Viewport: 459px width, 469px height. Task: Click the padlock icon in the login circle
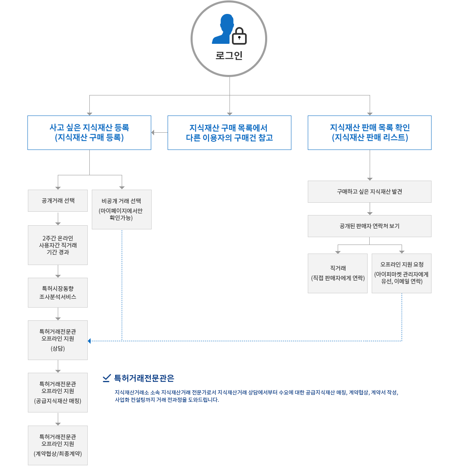239,36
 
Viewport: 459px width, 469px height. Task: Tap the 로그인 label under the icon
229,56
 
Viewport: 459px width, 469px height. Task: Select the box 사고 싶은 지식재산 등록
89,133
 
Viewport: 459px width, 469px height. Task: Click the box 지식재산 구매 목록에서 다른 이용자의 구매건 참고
229,133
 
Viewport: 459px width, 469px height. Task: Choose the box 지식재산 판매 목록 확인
370,133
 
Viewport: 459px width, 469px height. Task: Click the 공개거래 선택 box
58,201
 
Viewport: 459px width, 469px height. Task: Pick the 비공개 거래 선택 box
122,209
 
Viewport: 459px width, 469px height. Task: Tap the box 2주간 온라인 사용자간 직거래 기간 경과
58,245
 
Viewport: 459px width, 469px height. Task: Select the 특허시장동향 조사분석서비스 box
58,292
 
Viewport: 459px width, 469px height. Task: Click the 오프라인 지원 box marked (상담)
58,340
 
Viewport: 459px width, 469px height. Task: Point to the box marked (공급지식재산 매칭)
58,392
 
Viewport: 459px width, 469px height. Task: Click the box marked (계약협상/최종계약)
58,445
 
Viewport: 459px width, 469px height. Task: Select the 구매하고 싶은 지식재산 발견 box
370,192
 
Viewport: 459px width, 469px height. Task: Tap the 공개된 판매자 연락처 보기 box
370,226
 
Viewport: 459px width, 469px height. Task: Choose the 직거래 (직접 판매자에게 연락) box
338,273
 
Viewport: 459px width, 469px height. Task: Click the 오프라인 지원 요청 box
402,273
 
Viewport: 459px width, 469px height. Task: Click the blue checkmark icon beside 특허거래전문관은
107,378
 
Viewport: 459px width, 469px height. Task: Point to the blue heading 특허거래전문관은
144,378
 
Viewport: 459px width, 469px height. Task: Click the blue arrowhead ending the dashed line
89,341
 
